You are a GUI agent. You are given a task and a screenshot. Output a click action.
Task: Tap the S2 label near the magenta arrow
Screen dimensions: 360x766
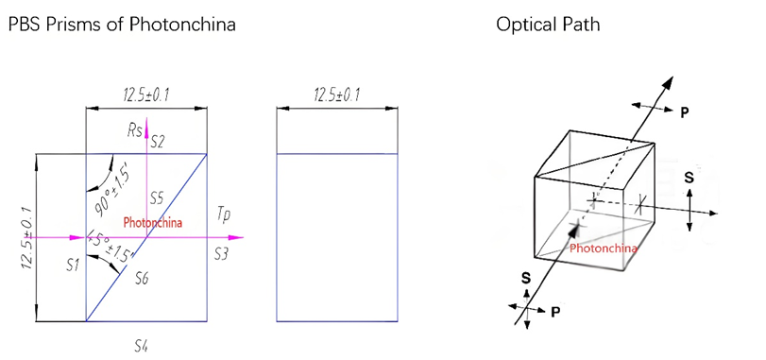[158, 143]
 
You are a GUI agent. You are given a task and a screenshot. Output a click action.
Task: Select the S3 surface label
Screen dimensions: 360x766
[221, 254]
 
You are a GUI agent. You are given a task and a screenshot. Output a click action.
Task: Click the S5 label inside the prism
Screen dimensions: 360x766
[158, 198]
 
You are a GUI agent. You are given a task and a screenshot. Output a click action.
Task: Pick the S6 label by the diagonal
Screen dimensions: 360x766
[142, 278]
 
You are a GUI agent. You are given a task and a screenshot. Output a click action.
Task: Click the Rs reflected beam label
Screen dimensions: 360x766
[136, 129]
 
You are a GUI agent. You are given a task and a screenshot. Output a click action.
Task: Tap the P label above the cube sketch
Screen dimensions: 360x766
[685, 111]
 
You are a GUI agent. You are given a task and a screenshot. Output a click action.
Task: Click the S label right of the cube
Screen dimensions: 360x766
[689, 177]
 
